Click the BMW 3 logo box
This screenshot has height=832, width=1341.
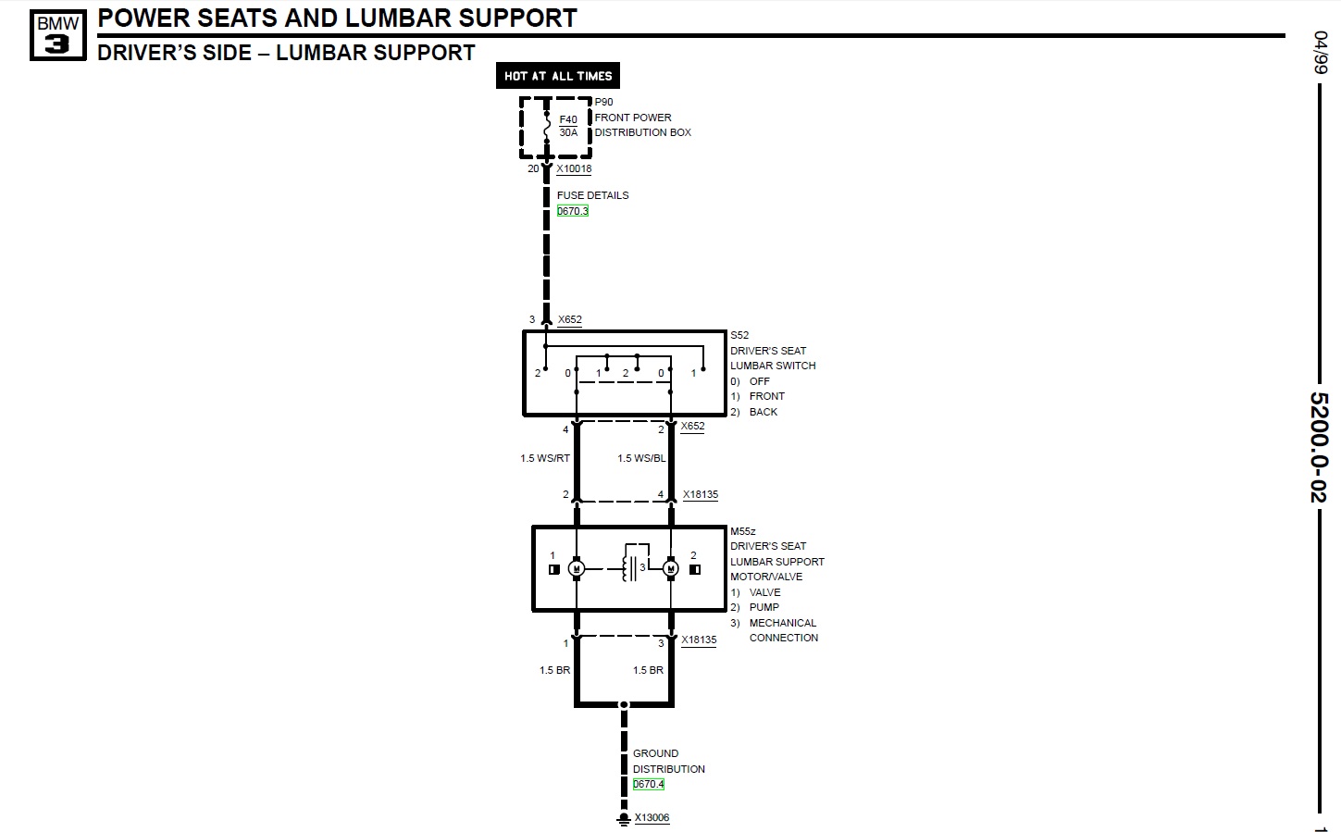coord(57,35)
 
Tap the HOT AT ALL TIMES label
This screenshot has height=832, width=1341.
coord(558,76)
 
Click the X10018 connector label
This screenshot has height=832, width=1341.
coord(574,169)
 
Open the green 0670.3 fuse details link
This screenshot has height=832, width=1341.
coord(572,211)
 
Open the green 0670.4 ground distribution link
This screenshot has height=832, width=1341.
coord(648,784)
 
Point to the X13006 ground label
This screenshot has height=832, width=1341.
coord(652,818)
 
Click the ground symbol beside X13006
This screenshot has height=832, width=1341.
coord(624,819)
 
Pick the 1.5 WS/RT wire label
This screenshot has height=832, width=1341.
coord(545,458)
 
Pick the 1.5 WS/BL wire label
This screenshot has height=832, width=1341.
coord(641,458)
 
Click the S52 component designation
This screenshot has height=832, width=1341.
coord(739,335)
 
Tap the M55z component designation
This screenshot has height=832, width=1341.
coord(742,531)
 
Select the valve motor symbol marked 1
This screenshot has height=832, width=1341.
coord(576,568)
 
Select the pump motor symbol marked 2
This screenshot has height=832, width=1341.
coord(671,568)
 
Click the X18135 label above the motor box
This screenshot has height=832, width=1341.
coord(700,495)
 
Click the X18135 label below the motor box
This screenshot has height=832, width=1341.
coord(699,640)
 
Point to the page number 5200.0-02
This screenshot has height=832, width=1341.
coord(1318,447)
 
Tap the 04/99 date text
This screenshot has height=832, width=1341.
coord(1319,53)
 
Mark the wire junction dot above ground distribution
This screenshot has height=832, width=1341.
coord(624,705)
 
